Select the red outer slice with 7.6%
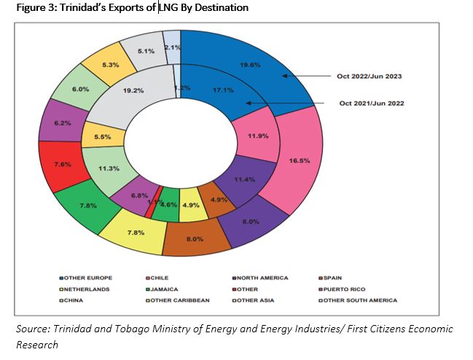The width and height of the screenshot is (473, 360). coord(63,164)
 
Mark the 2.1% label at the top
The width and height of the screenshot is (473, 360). coord(171,47)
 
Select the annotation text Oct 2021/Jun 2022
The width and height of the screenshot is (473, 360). coord(370,103)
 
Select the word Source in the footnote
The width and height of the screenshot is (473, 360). coord(32,329)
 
